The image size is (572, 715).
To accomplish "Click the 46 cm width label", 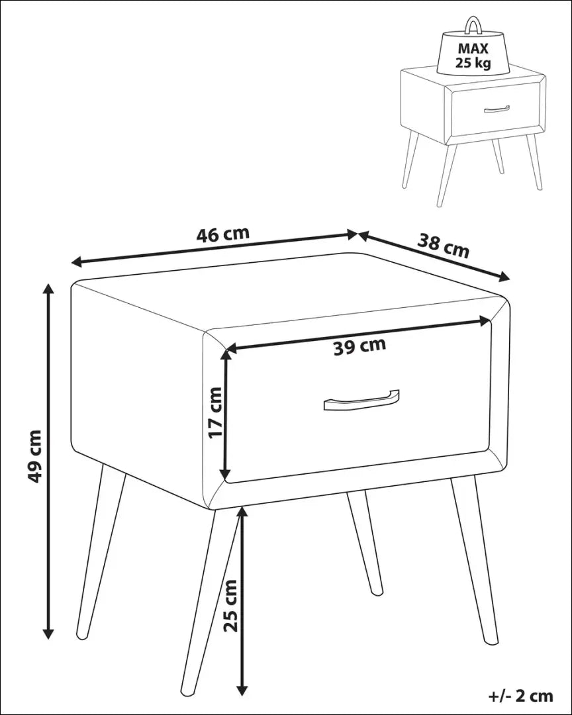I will tap(222, 234).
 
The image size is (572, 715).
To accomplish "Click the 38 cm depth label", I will tap(443, 246).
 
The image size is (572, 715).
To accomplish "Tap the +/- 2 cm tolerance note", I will tap(520, 695).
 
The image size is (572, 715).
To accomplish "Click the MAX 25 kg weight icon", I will tap(473, 54).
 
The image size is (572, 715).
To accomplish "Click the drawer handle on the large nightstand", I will tap(361, 401).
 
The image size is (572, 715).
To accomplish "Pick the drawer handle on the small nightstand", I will tap(497, 109).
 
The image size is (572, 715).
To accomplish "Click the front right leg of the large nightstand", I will tap(475, 559).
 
